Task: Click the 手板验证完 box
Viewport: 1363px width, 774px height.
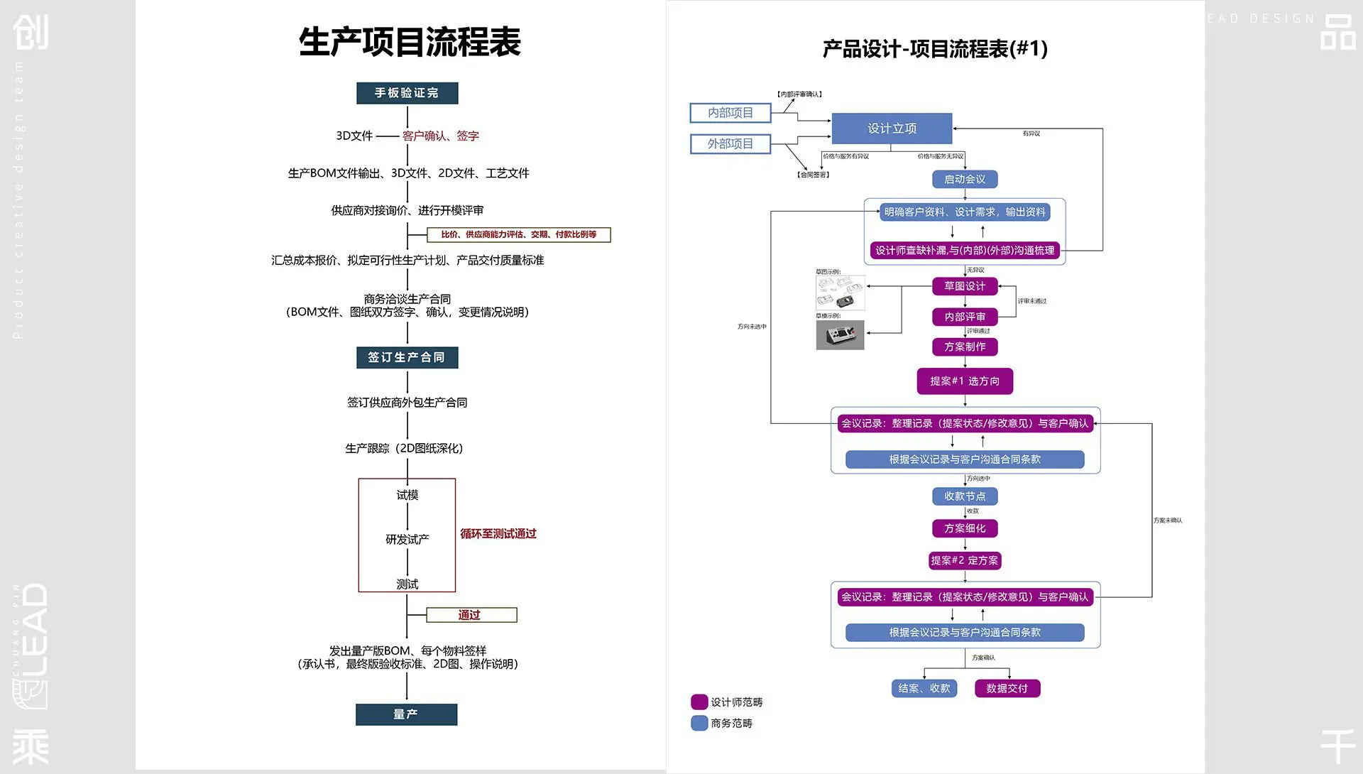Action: tap(407, 93)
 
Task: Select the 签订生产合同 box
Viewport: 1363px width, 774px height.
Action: tap(407, 357)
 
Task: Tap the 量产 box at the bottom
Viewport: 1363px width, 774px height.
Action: tap(406, 714)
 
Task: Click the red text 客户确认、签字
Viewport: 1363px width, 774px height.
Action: tap(440, 136)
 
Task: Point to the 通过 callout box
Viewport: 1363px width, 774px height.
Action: tap(471, 615)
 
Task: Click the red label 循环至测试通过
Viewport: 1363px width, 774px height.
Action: tap(498, 534)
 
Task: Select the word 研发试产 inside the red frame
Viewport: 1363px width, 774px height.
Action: tap(407, 540)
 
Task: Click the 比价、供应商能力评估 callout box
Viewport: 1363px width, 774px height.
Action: tap(518, 234)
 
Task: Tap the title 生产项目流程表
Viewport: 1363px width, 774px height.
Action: tap(410, 42)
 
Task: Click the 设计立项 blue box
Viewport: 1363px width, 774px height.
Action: tap(892, 129)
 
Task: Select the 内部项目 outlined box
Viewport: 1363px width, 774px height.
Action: tap(730, 113)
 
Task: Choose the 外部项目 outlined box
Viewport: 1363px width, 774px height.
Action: tap(730, 144)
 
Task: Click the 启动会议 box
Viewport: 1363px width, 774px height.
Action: tap(964, 180)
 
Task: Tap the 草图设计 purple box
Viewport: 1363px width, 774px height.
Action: tap(964, 286)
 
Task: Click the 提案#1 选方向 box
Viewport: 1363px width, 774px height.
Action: tap(964, 381)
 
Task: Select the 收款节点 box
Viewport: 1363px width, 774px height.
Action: tap(964, 496)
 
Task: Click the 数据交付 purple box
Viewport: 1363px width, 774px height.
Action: tap(1007, 688)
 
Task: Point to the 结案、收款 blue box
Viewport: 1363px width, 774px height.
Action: tap(924, 688)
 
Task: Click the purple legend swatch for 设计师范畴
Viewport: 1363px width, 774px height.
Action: tap(699, 702)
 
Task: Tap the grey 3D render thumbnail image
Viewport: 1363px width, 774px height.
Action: tap(840, 335)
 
